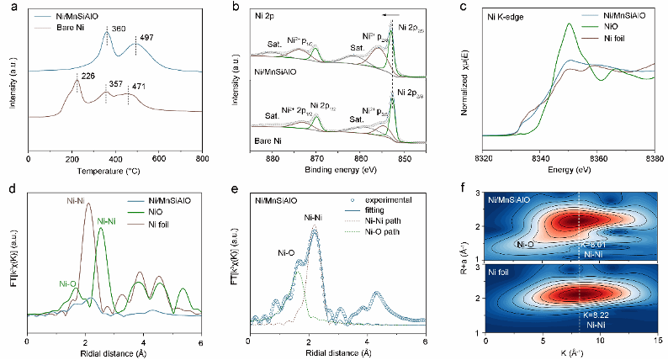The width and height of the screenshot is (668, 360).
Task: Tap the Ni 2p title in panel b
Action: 268,15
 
